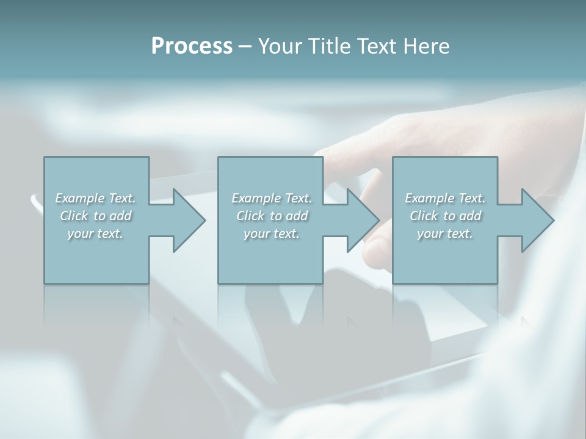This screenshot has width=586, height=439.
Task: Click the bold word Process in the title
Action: [x=192, y=46]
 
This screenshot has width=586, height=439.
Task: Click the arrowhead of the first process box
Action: [x=189, y=220]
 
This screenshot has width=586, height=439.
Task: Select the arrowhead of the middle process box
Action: [x=363, y=220]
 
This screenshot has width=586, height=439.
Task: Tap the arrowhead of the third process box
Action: [x=538, y=220]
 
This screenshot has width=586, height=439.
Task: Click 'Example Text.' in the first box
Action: [x=96, y=198]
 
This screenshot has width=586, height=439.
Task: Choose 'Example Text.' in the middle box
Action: [x=272, y=198]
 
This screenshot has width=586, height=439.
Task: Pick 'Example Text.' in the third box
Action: [x=445, y=198]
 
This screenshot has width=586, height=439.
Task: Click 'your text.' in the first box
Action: [x=96, y=234]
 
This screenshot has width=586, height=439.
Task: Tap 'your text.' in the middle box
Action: [x=272, y=234]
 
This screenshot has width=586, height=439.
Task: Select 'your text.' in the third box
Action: [x=445, y=234]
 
